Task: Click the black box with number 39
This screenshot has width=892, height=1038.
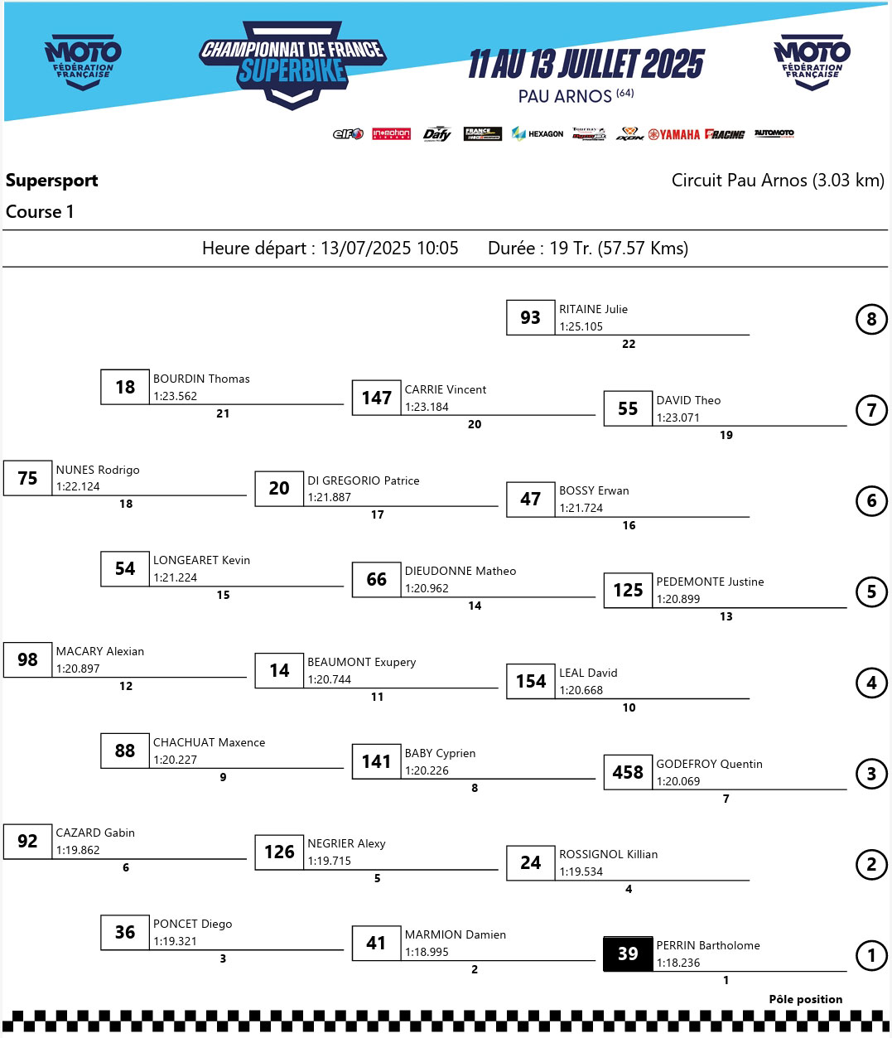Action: coord(628,954)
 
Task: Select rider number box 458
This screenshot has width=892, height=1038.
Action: coord(628,772)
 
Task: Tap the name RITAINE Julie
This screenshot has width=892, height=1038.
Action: coord(593,309)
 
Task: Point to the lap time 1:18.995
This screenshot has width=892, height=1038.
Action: coord(427,952)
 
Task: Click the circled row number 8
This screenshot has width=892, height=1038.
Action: coord(871,319)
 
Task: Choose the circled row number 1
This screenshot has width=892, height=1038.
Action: coord(871,955)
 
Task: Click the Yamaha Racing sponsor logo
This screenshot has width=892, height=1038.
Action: coord(697,134)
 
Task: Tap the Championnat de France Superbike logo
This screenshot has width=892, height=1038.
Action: coord(292,65)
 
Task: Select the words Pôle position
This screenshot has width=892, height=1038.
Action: coord(805,999)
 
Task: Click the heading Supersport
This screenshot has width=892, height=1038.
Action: coord(52,181)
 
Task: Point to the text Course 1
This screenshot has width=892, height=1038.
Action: coord(40,212)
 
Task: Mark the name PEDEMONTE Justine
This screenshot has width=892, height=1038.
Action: coord(710,582)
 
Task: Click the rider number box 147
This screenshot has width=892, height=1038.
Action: coord(376,398)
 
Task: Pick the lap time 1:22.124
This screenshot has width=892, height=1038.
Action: coord(78,486)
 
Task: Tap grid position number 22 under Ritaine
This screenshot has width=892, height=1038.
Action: coord(629,344)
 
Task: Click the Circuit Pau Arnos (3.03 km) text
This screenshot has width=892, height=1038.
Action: coord(778,181)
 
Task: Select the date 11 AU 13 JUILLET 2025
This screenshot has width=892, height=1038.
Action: coord(586,64)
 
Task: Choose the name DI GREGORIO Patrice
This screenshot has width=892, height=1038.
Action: coord(363,480)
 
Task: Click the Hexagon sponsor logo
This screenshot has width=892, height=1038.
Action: coord(538,133)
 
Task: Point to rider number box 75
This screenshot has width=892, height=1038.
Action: coord(27,478)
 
